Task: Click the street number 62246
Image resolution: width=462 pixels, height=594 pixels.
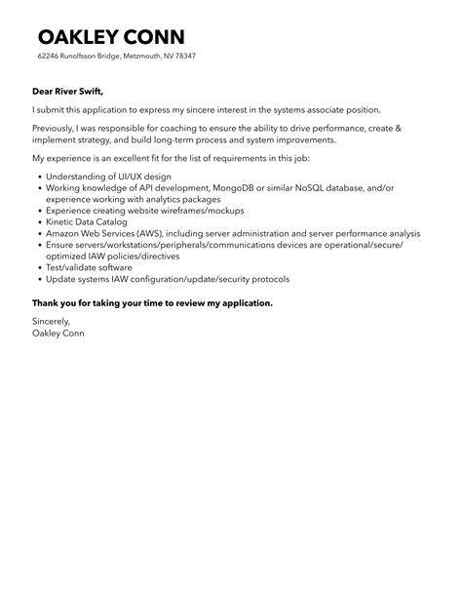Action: (x=50, y=57)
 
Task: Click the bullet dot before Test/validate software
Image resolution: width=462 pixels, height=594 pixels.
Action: (x=37, y=267)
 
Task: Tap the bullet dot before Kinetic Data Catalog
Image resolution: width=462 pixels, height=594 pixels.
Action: (x=37, y=221)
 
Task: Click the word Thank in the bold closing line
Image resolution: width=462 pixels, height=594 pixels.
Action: (x=51, y=302)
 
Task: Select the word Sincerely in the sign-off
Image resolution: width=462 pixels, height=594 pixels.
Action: (x=52, y=321)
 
